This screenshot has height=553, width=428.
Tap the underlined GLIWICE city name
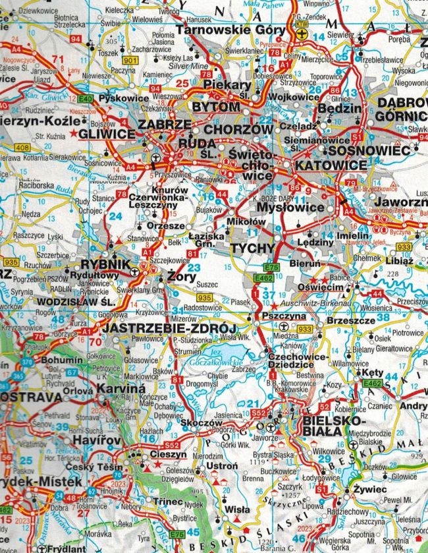click(106, 134)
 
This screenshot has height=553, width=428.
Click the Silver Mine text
click(188, 67)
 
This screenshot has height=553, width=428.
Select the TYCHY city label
click(252, 248)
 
